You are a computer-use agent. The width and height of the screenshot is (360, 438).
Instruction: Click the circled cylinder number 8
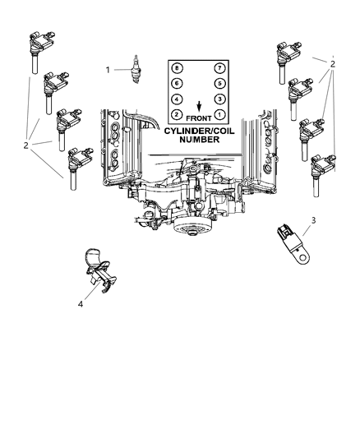[x=177, y=67]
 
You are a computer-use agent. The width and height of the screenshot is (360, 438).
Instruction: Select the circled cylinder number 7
[x=219, y=67]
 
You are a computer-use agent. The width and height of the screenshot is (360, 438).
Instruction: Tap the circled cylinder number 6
[x=177, y=84]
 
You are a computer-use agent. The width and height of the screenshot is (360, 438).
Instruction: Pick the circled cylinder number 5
[x=219, y=84]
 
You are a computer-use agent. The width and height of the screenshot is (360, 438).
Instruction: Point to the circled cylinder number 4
[x=177, y=99]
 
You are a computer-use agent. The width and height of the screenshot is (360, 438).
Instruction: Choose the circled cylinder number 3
[x=219, y=99]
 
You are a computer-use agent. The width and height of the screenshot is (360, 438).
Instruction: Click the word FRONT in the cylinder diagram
[x=197, y=118]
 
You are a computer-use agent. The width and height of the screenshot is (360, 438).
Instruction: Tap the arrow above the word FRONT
[x=198, y=105]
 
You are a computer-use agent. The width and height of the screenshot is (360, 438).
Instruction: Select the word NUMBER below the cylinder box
[x=198, y=140]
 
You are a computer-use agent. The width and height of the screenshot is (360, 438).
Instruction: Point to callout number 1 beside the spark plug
[x=108, y=69]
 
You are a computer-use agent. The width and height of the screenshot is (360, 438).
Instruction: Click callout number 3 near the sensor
[x=313, y=220]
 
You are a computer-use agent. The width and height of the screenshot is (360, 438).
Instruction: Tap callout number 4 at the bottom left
[x=80, y=304]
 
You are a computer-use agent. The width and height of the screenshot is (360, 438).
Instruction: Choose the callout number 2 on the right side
[x=331, y=62]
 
